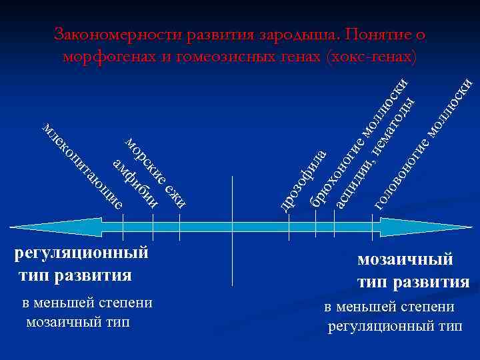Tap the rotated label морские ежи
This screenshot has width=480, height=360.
pyautogui.click(x=157, y=171)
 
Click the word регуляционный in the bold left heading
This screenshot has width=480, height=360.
pyautogui.click(x=81, y=253)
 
